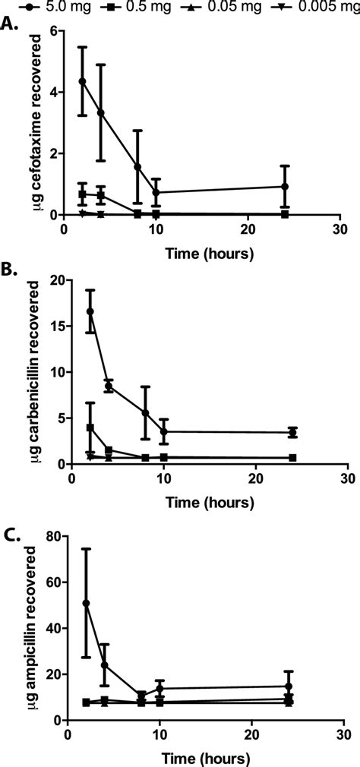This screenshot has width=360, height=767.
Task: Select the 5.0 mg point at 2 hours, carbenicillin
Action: (90, 311)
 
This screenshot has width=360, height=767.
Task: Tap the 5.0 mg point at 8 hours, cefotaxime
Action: (137, 167)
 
